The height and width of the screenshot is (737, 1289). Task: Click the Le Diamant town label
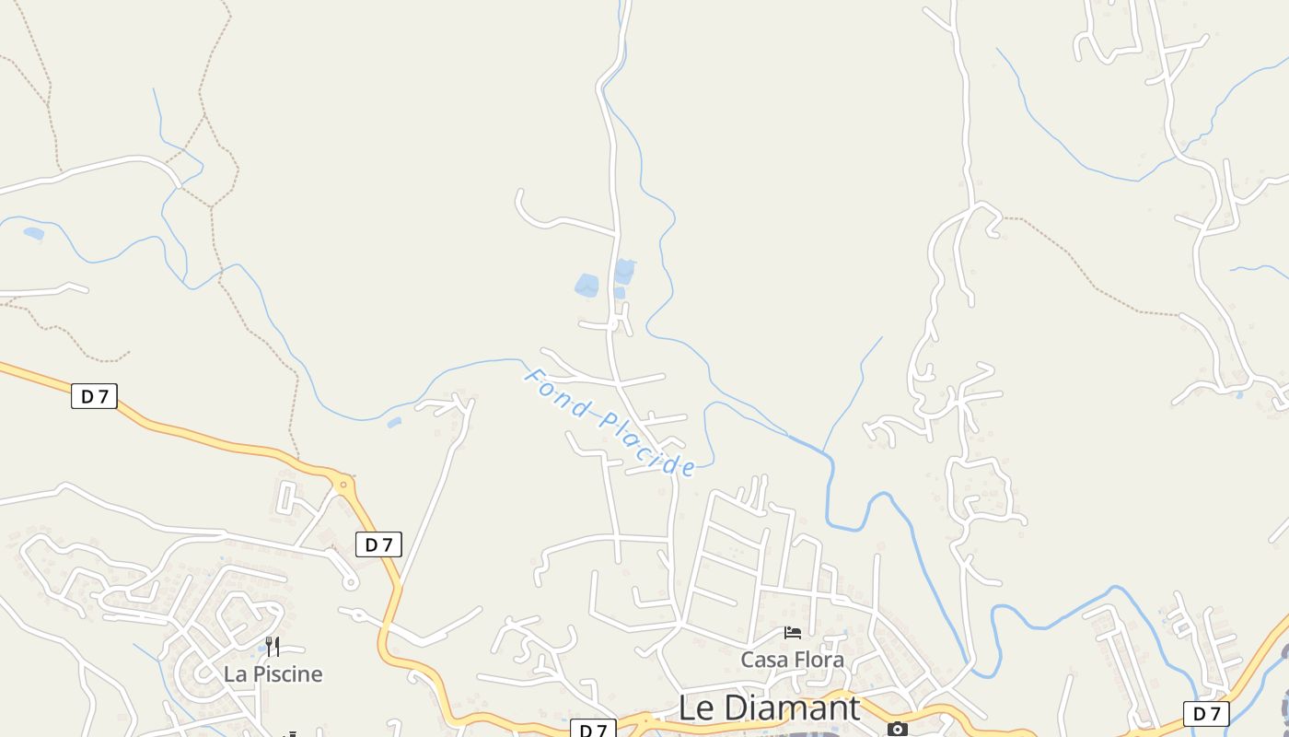pos(769,708)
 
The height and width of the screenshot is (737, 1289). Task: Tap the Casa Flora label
pos(792,660)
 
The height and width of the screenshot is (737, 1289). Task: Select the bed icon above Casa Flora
pos(792,633)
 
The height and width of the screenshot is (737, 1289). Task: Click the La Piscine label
pos(273,674)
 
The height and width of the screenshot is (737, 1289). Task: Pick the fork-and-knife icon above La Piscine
pos(273,646)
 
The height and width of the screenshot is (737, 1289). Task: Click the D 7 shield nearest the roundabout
pos(378,544)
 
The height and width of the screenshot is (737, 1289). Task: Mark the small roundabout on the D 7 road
pos(343,482)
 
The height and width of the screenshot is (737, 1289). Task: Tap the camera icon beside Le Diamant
pos(897,729)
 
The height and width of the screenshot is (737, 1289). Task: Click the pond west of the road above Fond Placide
pos(586,285)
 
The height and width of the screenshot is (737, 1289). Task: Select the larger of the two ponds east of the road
pos(624,272)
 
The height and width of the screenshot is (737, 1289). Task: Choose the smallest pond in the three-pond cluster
pos(620,293)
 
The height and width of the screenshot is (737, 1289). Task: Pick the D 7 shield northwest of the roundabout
pos(94,397)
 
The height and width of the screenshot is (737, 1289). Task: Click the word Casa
pos(763,660)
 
